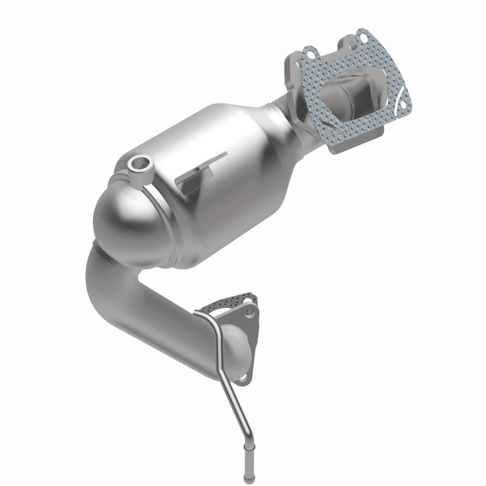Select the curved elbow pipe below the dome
point(122,286)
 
